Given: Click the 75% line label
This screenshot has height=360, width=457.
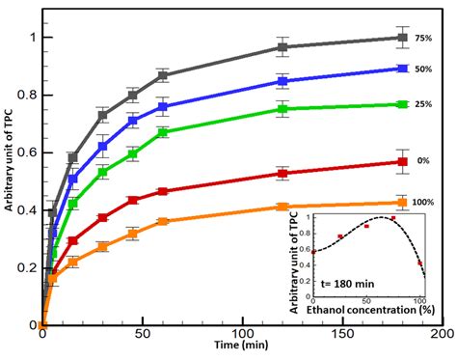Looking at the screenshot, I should pyautogui.click(x=424, y=38).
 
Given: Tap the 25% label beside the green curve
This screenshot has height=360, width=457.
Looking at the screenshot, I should pyautogui.click(x=424, y=104).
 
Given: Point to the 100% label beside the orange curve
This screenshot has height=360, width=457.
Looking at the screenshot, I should pyautogui.click(x=423, y=202).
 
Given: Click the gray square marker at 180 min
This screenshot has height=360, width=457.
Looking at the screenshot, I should pyautogui.click(x=402, y=38).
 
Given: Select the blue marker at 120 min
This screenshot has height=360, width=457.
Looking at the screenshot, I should pyautogui.click(x=282, y=81).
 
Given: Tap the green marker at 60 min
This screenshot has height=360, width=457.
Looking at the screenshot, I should pyautogui.click(x=162, y=132).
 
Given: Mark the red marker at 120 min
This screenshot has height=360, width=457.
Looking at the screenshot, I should pyautogui.click(x=282, y=174).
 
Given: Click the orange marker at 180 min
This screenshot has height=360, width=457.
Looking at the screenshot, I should pyautogui.click(x=402, y=203).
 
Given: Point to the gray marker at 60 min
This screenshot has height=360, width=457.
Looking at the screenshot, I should pyautogui.click(x=162, y=75).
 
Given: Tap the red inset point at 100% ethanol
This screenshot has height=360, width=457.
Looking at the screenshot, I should pyautogui.click(x=419, y=262).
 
